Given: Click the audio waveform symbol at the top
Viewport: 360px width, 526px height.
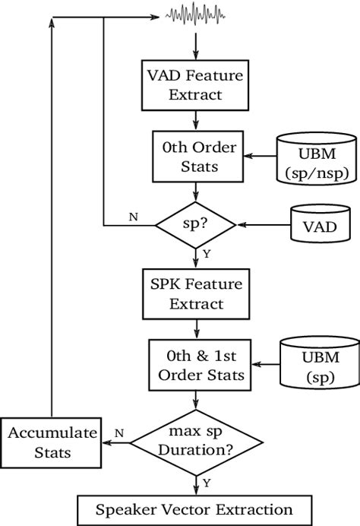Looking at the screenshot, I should [197, 15].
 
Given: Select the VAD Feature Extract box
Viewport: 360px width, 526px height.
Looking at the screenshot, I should [197, 85].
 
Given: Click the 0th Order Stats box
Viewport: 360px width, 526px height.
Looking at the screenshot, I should [197, 157].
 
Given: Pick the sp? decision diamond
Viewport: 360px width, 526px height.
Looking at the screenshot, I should [197, 225].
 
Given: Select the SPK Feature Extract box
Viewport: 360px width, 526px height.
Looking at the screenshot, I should [197, 293].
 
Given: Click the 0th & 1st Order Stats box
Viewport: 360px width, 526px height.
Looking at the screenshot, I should [197, 365].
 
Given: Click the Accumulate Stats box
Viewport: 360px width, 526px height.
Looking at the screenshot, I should [52, 442].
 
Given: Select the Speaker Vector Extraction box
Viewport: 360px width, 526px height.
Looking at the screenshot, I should [195, 509].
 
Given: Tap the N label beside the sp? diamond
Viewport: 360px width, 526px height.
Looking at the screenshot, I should [133, 217].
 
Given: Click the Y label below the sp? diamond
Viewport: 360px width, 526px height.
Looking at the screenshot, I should [206, 252].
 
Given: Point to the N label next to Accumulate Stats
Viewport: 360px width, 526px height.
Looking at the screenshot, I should [118, 433].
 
